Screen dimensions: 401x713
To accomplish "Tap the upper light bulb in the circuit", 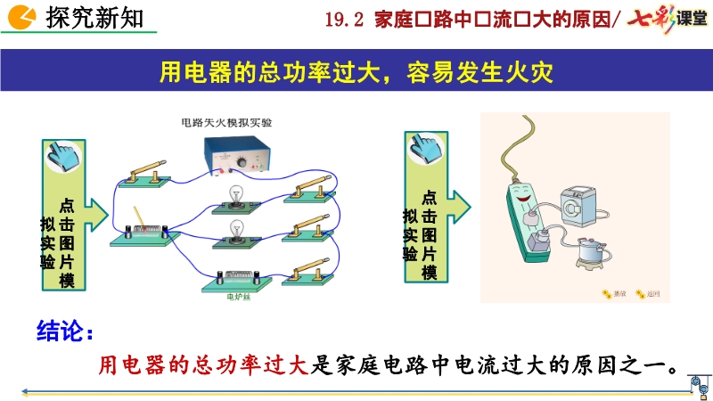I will [238, 193].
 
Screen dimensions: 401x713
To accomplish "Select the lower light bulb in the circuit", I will [238, 229].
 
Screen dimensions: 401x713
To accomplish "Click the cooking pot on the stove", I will [589, 251].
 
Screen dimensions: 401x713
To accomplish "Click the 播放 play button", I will [615, 293].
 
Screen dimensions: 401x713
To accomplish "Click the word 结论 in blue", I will [63, 331].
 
